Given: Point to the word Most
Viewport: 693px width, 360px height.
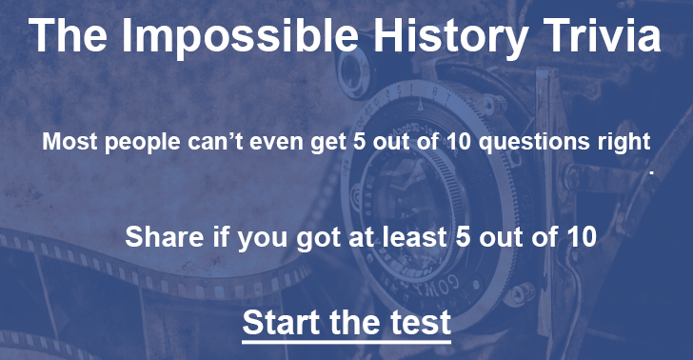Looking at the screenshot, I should pos(68,144).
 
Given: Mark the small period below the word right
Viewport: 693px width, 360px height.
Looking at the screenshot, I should pos(652,174).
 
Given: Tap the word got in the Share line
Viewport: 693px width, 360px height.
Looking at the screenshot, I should pos(330,238).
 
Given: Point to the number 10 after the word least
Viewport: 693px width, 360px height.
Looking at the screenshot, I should pos(580,236).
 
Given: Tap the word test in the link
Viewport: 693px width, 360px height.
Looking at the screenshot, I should pos(421,322).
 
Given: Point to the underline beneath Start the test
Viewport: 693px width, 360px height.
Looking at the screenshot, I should pos(346,339).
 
